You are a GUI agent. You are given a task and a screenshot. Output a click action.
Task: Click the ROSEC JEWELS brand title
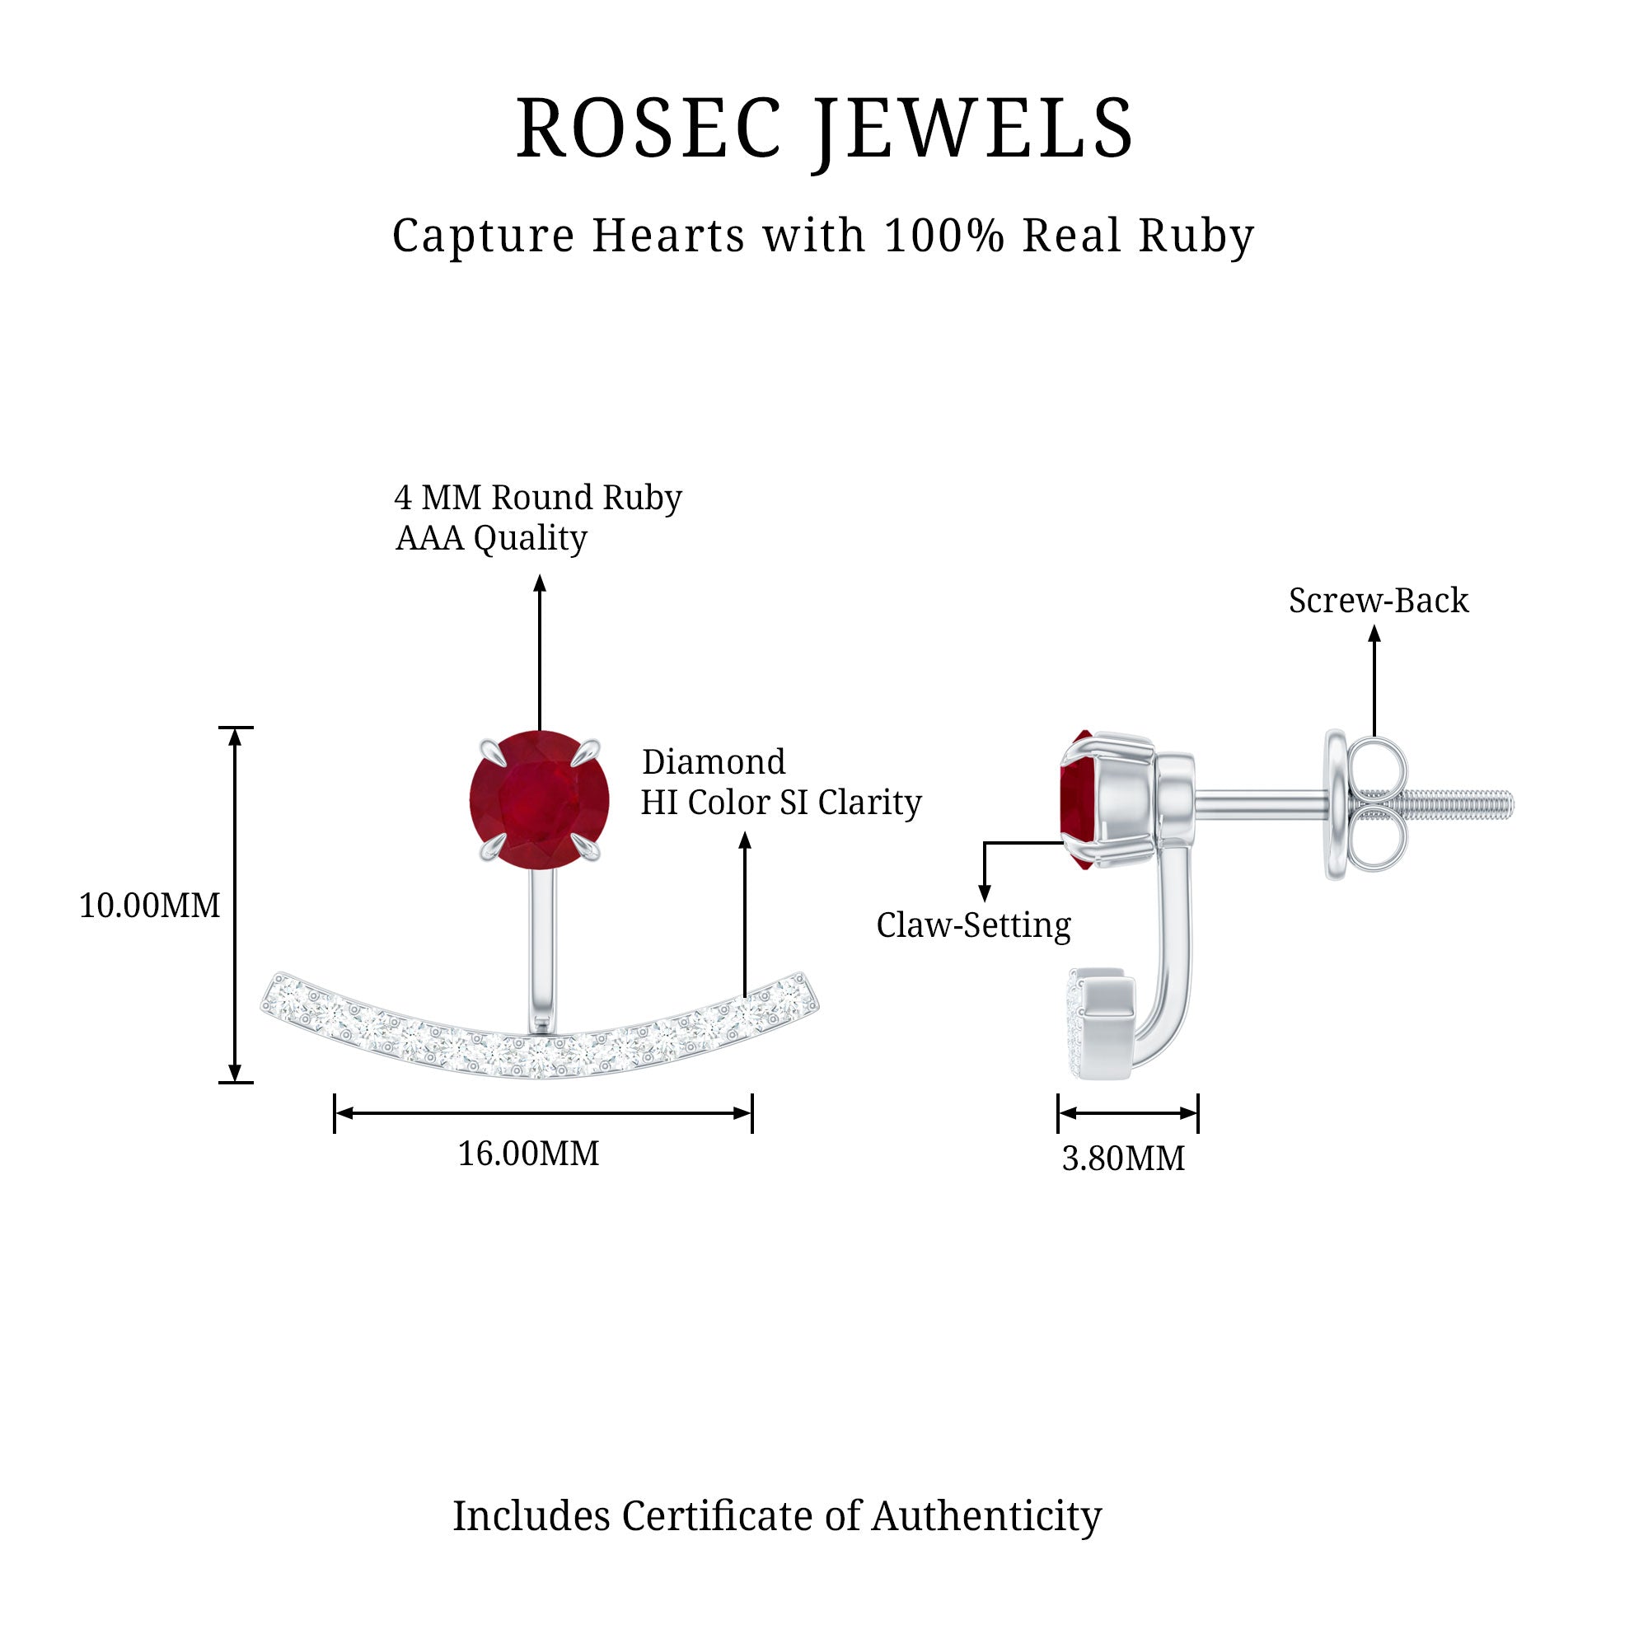pyautogui.click(x=824, y=129)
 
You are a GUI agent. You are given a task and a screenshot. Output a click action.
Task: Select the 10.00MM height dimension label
pyautogui.click(x=149, y=905)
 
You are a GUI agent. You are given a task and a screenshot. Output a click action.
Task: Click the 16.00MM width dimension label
pyautogui.click(x=528, y=1154)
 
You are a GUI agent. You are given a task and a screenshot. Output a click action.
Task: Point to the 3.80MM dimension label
pyautogui.click(x=1122, y=1159)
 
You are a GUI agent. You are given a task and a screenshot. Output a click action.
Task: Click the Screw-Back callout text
pyautogui.click(x=1379, y=601)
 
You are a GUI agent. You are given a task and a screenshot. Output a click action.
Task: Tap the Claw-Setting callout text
pyautogui.click(x=973, y=925)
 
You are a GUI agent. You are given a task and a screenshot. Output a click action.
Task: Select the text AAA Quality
pyautogui.click(x=491, y=538)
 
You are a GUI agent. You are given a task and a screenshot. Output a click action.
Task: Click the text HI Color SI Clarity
pyautogui.click(x=780, y=803)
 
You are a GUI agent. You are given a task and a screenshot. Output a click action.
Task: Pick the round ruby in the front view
pyautogui.click(x=539, y=799)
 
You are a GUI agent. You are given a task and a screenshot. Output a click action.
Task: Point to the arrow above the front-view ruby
pyautogui.click(x=539, y=653)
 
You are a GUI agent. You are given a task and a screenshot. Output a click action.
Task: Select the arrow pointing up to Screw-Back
pyautogui.click(x=1374, y=682)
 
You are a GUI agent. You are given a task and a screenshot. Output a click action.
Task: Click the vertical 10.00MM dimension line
pyautogui.click(x=236, y=905)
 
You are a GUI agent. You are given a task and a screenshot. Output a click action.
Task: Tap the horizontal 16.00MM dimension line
pyautogui.click(x=542, y=1112)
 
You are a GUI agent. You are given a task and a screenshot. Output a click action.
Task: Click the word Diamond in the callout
pyautogui.click(x=713, y=761)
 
